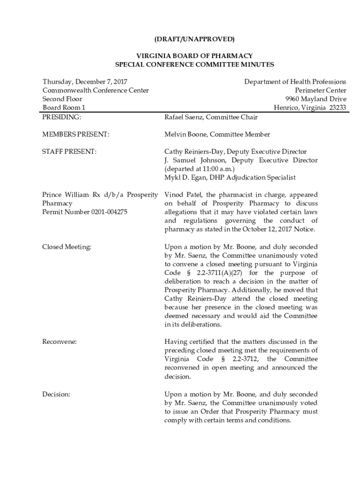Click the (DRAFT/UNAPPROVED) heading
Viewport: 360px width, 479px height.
pyautogui.click(x=194, y=38)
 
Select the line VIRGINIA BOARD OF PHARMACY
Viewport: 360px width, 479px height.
pyautogui.click(x=194, y=56)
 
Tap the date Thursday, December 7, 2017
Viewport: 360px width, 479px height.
pyautogui.click(x=85, y=82)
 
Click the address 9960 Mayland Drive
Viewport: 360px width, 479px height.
pyautogui.click(x=316, y=99)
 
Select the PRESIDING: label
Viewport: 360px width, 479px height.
pyautogui.click(x=62, y=117)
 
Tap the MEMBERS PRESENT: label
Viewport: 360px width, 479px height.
pyautogui.click(x=76, y=134)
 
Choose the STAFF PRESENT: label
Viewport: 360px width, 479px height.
pyautogui.click(x=70, y=152)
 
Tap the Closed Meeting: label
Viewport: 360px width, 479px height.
pyautogui.click(x=67, y=247)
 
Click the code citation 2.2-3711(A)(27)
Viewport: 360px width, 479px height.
pyautogui.click(x=217, y=273)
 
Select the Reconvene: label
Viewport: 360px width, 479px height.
pyautogui.click(x=59, y=342)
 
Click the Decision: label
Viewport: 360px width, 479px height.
pyautogui.click(x=56, y=394)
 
